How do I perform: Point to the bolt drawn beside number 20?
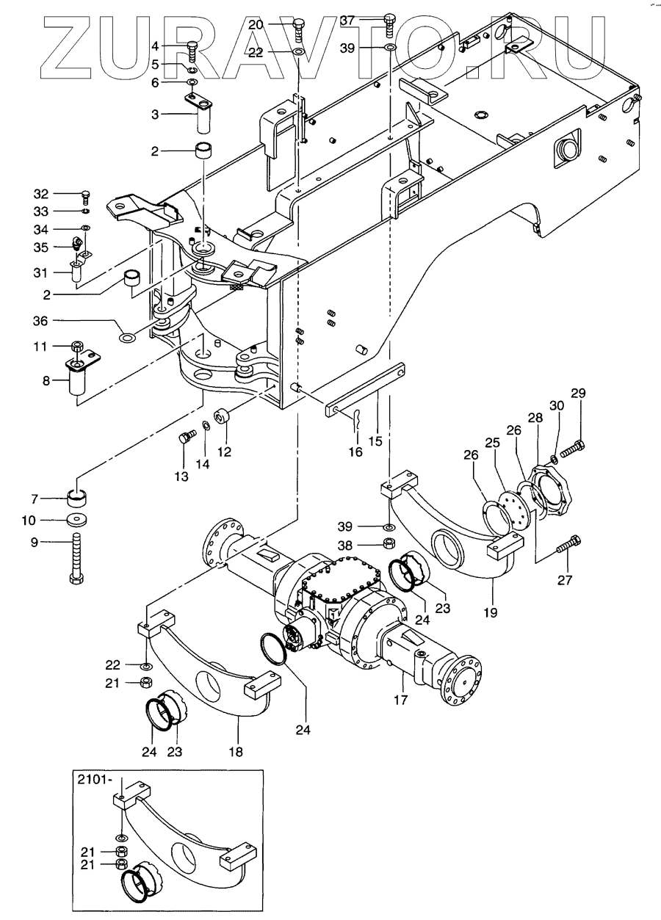(298, 31)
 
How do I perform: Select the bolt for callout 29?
(574, 449)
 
